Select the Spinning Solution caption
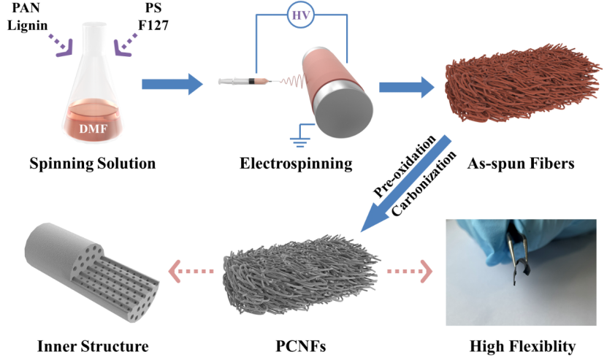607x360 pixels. point(93,163)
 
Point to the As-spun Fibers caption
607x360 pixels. point(520,163)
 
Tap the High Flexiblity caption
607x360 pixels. point(520,344)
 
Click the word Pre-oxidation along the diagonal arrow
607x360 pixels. point(405,166)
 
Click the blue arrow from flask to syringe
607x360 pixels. point(170,85)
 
